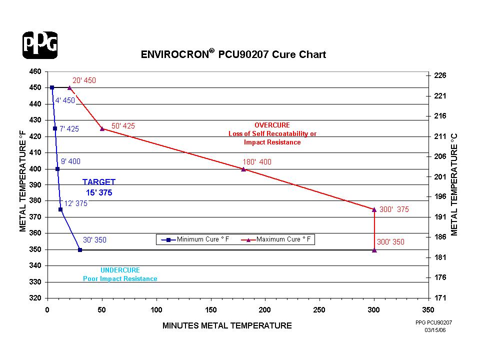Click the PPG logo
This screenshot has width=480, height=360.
pos(40,45)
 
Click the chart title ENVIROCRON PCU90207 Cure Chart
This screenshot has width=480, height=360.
pos(233,54)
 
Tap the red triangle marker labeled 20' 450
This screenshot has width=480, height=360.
pos(69,87)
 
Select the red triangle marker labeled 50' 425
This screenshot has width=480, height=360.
pos(102,128)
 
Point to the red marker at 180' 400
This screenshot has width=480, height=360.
pos(243,169)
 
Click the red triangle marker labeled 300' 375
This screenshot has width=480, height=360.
pos(374,209)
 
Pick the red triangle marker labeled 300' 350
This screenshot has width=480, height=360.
pos(374,250)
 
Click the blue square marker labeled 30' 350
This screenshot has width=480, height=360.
pos(80,249)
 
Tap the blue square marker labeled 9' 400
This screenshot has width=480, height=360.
pos(57,169)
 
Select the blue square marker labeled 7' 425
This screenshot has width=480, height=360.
pos(55,128)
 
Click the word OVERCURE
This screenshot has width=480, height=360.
pos(272,125)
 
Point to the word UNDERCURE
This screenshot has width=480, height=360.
pos(120,270)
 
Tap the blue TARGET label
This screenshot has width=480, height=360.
pos(99,182)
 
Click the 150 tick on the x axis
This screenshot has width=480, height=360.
pos(210,309)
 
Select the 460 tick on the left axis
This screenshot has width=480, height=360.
pos(35,71)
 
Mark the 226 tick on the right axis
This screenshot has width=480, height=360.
pos(440,75)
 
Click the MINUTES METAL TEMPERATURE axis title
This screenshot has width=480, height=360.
pos(227,326)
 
